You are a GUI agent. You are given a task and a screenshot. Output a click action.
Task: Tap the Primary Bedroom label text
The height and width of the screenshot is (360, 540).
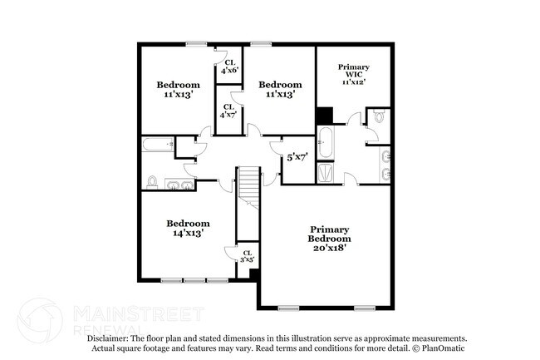pyautogui.click(x=330, y=234)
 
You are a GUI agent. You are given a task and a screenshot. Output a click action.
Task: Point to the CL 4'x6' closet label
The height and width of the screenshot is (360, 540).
pyautogui.click(x=229, y=66)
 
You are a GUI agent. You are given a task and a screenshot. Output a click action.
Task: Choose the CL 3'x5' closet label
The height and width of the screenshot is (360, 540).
pyautogui.click(x=248, y=256)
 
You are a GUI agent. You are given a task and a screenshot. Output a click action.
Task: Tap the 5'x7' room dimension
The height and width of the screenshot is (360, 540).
pyautogui.click(x=297, y=156)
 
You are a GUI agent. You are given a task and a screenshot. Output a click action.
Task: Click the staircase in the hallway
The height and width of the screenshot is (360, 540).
pyautogui.click(x=248, y=187)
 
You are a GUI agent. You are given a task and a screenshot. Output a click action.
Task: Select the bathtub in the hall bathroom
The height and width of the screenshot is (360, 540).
pyautogui.click(x=155, y=145)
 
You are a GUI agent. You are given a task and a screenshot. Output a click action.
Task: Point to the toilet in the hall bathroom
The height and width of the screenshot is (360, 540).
pyautogui.click(x=153, y=181)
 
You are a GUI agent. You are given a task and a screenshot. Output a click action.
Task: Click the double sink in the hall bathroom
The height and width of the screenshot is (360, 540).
pyautogui.click(x=179, y=183)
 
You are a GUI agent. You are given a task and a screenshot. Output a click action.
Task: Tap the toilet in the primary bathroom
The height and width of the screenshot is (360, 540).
pyautogui.click(x=379, y=118)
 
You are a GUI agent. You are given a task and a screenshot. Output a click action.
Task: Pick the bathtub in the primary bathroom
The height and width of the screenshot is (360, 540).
pyautogui.click(x=326, y=142)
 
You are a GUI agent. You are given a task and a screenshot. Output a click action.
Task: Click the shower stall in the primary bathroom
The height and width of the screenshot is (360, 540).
pyautogui.click(x=326, y=173)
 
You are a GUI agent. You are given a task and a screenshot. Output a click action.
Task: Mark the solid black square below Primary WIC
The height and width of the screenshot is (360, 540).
pyautogui.click(x=324, y=116)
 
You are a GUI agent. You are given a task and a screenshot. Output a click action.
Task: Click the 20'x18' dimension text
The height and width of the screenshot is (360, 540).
pyautogui.click(x=330, y=246)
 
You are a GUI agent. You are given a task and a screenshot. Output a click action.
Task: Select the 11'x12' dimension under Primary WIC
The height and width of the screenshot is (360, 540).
pyautogui.click(x=353, y=81)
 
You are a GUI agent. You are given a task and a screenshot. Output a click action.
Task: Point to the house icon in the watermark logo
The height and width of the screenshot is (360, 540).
pyautogui.click(x=39, y=319)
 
